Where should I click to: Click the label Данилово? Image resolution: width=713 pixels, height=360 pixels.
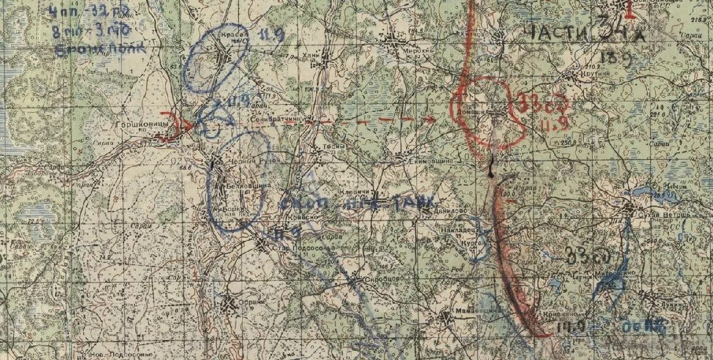(449, 210)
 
